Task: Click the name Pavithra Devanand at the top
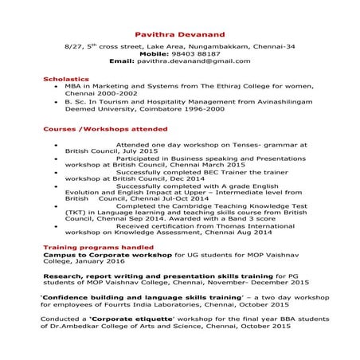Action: coord(179,32)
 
